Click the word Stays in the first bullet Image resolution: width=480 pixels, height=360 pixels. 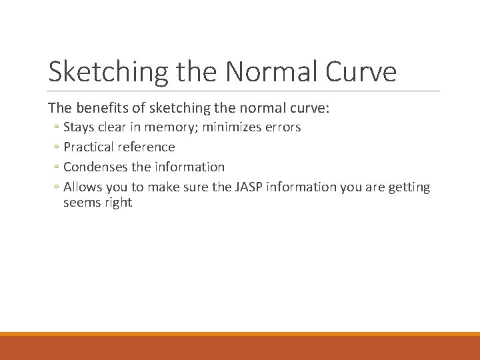[x=79, y=127]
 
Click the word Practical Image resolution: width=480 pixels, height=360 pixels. [x=89, y=147]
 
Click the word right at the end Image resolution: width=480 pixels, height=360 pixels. [x=119, y=203]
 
